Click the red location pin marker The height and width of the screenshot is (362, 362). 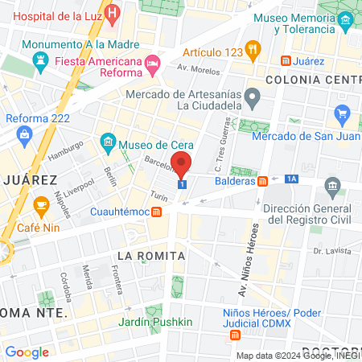coord(183,163)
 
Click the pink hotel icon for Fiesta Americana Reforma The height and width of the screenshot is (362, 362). coord(152,63)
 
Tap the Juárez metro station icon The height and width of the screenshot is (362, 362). coord(286,61)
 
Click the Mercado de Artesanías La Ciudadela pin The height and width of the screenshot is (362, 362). coord(252,99)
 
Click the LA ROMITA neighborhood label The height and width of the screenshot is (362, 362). coord(151,255)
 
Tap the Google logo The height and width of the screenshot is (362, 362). coord(27,352)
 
